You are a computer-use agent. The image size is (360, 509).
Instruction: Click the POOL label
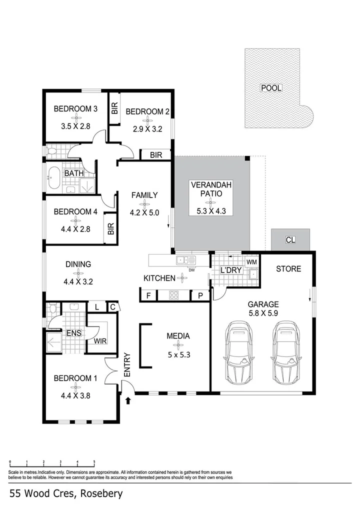point(271,88)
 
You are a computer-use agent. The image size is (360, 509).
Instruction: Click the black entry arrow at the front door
point(128,400)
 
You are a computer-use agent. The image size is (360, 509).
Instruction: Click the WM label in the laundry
point(251,262)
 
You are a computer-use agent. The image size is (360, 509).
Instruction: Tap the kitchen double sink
point(185,259)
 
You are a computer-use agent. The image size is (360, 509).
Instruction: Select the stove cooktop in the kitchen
point(174,295)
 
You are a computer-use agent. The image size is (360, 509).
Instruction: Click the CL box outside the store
point(290,240)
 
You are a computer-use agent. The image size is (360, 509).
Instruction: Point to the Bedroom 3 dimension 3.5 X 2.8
point(75,126)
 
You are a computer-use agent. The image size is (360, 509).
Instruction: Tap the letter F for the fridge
point(148,295)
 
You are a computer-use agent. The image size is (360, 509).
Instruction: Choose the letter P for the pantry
point(200,295)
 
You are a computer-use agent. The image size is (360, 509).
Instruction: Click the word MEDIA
point(178,336)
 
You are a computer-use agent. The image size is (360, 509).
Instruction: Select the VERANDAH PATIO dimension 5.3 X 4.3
point(210,211)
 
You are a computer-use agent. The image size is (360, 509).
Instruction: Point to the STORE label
point(288,269)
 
